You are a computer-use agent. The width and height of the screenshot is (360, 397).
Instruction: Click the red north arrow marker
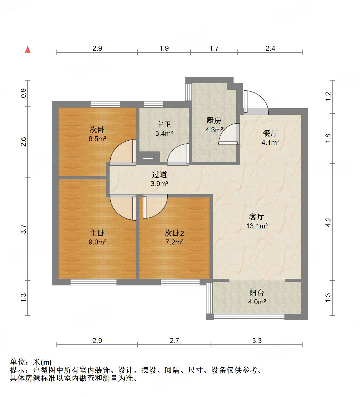28,49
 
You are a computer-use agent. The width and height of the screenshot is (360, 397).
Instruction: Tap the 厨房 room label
214,121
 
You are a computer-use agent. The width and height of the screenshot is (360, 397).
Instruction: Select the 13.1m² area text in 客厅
257,226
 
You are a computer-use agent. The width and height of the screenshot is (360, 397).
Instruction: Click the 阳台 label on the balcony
257,293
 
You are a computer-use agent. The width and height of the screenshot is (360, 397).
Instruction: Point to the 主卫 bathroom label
164,125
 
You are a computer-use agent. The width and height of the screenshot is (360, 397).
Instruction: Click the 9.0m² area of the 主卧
97,242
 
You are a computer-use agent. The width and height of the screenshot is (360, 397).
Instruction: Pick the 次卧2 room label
174,233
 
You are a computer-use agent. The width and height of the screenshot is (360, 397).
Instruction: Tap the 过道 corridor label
159,174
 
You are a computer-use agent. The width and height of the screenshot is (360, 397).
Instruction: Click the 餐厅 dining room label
270,133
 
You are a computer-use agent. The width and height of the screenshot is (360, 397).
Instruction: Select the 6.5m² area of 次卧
97,139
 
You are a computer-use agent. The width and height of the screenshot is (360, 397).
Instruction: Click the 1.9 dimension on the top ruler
164,48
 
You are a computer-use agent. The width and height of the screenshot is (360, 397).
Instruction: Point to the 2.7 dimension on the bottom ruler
174,341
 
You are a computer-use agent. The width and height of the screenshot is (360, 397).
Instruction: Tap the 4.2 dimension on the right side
328,222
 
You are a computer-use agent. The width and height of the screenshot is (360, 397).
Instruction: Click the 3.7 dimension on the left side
24,229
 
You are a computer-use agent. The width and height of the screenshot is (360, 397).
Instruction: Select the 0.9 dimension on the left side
24,93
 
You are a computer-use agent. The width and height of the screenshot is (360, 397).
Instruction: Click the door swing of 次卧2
155,206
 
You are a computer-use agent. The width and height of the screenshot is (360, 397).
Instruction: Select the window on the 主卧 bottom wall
93,282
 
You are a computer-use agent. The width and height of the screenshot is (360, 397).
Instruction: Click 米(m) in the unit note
42,362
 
